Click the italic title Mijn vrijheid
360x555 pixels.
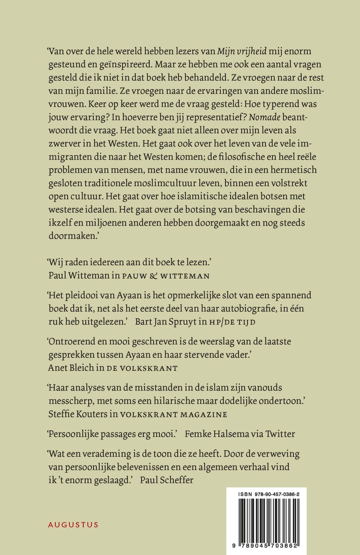242,51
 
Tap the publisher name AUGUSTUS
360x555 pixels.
73,525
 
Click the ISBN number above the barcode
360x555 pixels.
266,494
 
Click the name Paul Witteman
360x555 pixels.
79,275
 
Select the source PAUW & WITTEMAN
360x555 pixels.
165,276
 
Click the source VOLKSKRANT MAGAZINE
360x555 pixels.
173,415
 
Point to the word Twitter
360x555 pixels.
280,434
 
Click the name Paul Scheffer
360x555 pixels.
167,480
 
